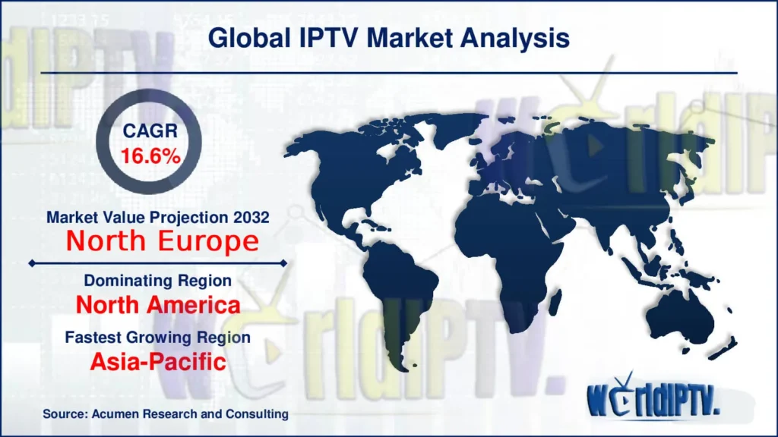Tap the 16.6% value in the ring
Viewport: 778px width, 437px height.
(x=150, y=156)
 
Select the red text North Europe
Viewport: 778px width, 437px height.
(x=161, y=241)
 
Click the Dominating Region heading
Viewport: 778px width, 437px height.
(x=158, y=281)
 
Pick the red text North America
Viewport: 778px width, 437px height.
(x=159, y=305)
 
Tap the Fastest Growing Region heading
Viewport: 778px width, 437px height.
(x=159, y=337)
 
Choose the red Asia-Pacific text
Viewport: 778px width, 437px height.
(x=158, y=361)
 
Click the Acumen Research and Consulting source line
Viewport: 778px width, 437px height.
(x=166, y=414)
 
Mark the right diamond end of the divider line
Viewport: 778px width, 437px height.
(x=283, y=263)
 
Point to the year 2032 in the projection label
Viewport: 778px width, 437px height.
(x=252, y=217)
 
